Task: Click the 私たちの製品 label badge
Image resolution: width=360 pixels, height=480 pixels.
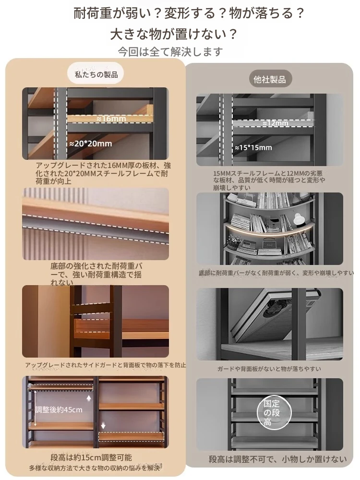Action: coord(95,74)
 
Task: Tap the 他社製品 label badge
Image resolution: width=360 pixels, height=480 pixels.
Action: coord(269,79)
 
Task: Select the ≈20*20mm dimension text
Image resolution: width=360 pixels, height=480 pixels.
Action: coord(91,144)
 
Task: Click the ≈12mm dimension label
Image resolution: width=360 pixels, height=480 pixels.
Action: coord(276,123)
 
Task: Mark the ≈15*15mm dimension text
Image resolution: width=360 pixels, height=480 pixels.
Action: coord(253,148)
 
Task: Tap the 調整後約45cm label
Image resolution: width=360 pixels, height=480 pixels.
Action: coord(59,409)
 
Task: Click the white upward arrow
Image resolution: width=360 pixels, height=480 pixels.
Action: coord(89,398)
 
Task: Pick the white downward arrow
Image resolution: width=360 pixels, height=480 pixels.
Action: coord(103,426)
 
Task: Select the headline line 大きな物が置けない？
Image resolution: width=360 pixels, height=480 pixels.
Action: coord(174,34)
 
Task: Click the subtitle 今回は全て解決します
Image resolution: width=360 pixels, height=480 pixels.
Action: coord(170,52)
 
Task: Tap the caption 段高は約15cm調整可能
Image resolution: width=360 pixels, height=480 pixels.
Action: coord(91,457)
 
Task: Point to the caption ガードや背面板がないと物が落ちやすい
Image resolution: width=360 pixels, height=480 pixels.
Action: coord(269,369)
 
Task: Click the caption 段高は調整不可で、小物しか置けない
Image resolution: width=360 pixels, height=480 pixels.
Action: coord(277,459)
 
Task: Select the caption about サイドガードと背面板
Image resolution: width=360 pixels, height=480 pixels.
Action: coord(106,365)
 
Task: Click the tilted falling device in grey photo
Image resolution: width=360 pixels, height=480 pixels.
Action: coord(275,315)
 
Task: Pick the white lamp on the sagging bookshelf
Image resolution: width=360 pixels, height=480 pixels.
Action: coord(297,219)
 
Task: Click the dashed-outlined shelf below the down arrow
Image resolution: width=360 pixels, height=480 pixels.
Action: coord(132,436)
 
